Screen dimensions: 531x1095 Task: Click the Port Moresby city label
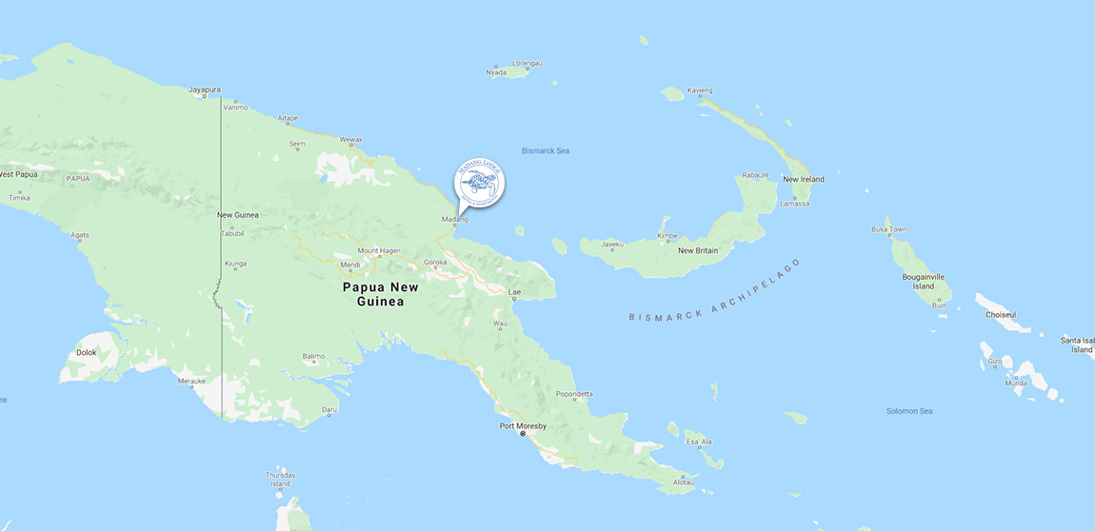[523, 425]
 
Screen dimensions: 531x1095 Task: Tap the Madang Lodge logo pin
[479, 183]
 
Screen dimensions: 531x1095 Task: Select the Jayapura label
[205, 89]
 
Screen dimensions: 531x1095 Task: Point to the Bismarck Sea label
[546, 150]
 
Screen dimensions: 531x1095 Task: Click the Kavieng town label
[699, 90]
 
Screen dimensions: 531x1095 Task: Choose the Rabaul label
[754, 175]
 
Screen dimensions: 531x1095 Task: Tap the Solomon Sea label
[909, 410]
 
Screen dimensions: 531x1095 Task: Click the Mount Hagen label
[379, 251]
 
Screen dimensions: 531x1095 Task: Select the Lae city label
[515, 291]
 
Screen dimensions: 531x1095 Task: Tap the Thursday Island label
[280, 479]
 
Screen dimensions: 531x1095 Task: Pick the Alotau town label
[684, 482]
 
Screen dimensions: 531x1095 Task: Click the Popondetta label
[574, 394]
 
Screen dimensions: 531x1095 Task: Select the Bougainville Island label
[924, 281]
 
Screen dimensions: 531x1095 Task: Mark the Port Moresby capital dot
[522, 434]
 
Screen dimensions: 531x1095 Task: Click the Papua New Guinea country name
[380, 294]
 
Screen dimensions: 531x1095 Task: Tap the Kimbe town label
[667, 235]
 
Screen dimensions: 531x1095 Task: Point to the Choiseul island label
[1000, 314]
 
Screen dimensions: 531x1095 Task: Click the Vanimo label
[234, 108]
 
